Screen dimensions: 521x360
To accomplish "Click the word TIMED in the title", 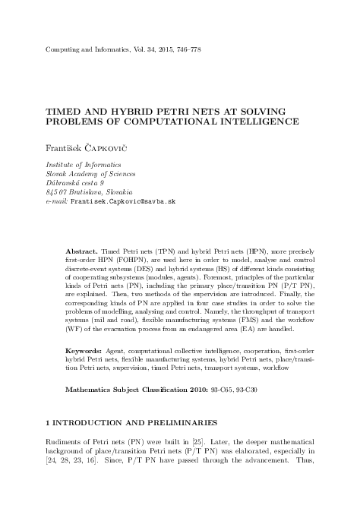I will click(x=64, y=109).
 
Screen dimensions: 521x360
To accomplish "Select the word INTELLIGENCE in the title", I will click(x=261, y=122).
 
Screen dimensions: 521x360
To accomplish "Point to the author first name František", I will click(x=65, y=147).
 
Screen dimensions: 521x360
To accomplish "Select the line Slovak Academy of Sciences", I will click(x=85, y=174).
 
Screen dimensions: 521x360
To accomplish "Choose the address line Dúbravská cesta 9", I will click(x=74, y=183).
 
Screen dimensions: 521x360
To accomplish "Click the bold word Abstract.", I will click(x=81, y=250).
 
